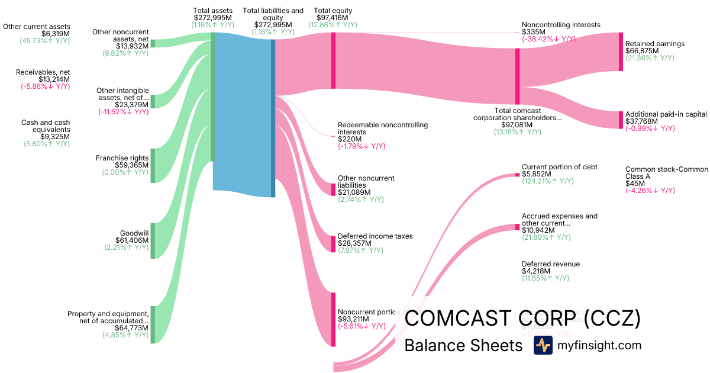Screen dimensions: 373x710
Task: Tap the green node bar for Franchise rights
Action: point(153,166)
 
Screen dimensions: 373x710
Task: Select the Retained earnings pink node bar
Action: point(621,52)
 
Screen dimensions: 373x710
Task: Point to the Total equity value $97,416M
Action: point(333,18)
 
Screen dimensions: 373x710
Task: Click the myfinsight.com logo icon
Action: point(543,345)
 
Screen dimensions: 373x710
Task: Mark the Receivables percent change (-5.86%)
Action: point(43,86)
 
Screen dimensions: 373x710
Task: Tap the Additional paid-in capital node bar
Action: point(621,120)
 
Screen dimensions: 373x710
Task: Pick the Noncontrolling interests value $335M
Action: point(533,32)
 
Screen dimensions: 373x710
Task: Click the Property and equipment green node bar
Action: point(153,324)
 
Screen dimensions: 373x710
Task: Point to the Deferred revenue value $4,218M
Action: point(535,271)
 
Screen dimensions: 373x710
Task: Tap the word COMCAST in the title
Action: point(456,319)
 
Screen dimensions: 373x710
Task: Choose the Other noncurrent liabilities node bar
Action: point(333,189)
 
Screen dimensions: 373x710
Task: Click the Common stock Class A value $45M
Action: point(635,184)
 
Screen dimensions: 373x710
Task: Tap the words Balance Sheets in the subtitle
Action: point(463,346)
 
